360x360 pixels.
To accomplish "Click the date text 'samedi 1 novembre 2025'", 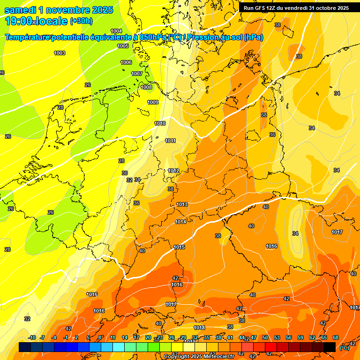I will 59,10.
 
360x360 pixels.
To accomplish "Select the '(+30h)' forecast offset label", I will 81,21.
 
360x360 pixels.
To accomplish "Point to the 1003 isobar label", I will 60,53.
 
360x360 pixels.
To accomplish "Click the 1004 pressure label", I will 116,31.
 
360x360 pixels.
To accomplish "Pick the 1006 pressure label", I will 126,62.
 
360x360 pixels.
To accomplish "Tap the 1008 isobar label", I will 146,87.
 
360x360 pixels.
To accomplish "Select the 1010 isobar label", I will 160,123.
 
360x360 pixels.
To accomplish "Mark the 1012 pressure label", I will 173,171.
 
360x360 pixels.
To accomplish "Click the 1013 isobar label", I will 182,204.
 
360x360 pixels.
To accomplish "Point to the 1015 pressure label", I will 179,247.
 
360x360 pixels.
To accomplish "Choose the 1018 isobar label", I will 199,328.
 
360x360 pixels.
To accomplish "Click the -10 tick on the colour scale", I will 32,337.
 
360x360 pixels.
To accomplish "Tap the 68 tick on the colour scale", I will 336,337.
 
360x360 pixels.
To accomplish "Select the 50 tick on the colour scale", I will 265,337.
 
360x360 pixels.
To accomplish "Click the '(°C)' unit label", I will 344,348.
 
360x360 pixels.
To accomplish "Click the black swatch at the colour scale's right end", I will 330,347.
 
